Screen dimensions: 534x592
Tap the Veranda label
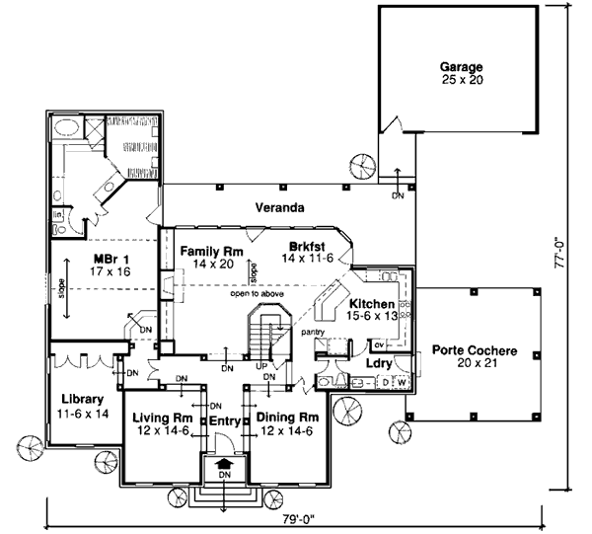[278, 208]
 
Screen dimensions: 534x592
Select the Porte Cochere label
[469, 350]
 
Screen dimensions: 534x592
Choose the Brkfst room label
[307, 246]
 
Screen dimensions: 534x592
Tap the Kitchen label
[372, 304]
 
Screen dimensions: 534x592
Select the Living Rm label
[162, 418]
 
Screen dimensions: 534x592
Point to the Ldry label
[380, 363]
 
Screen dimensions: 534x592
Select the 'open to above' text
[259, 294]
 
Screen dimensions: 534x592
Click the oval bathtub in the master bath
[67, 128]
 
